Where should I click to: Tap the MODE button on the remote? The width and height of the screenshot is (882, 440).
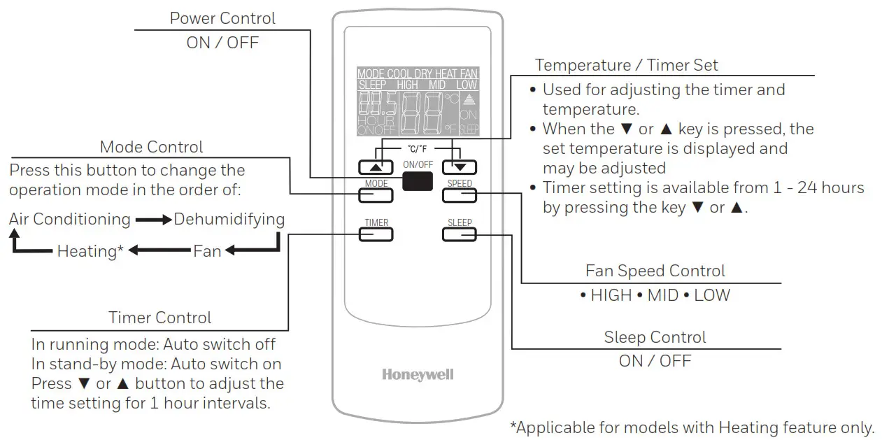[x=376, y=195]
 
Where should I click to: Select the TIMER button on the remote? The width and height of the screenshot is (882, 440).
[x=376, y=234]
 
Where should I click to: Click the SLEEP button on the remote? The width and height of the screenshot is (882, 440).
[x=459, y=234]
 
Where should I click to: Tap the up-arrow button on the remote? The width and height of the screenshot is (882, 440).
[x=376, y=167]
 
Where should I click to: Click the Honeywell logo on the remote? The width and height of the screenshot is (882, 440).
[x=418, y=374]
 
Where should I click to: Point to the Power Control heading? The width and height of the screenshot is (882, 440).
[x=222, y=18]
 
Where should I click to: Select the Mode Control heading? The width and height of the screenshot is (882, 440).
[x=151, y=147]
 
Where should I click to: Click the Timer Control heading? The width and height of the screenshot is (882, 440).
[x=159, y=318]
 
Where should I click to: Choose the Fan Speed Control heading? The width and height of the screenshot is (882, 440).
[x=655, y=271]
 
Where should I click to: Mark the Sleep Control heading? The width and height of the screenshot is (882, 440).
[x=655, y=337]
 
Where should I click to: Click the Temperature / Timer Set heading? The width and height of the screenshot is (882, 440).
[x=626, y=65]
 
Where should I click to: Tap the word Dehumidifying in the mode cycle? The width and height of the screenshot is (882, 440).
[x=229, y=219]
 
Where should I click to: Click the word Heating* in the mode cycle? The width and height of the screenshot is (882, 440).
[x=90, y=250]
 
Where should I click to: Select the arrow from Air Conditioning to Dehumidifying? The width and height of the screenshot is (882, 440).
[x=153, y=220]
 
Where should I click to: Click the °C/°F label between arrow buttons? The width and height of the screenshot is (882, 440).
[x=418, y=149]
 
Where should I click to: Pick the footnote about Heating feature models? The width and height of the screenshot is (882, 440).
[x=692, y=427]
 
